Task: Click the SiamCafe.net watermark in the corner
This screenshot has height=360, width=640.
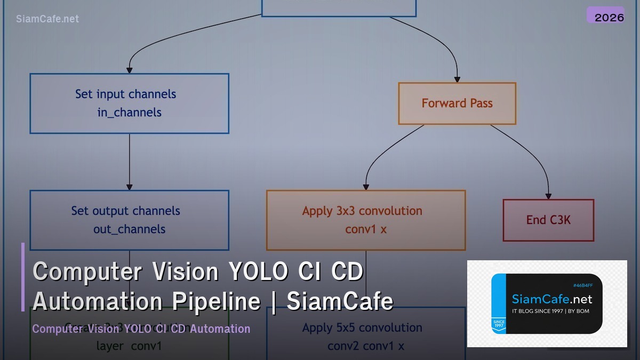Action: coord(47,19)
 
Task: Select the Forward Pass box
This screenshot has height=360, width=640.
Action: coord(457,103)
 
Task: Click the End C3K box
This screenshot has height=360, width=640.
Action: coord(548,220)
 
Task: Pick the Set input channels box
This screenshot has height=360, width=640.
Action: coord(129,103)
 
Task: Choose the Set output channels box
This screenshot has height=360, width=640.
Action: coord(129,220)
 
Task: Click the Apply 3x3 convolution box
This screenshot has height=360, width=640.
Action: coord(366,220)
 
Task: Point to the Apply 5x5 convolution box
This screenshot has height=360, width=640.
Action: coord(366,336)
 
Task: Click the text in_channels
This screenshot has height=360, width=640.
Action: coord(130,113)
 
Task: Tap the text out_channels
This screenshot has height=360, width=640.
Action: coord(130,229)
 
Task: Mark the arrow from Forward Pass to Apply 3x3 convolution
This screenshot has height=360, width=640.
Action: coord(384,155)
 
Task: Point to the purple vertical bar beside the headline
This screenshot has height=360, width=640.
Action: coord(23,277)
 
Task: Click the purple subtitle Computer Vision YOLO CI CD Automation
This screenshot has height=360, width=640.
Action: coord(141,329)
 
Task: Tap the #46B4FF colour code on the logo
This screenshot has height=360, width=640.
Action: coord(582,286)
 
